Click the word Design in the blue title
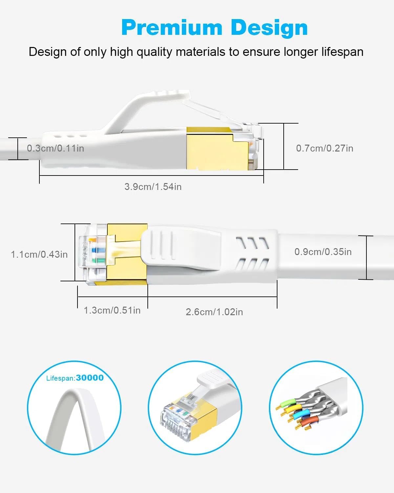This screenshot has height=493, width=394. pyautogui.click(x=269, y=28)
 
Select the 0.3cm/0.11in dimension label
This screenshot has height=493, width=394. pyautogui.click(x=55, y=148)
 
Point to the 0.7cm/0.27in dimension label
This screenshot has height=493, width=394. pyautogui.click(x=324, y=148)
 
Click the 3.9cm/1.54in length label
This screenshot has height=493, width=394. pyautogui.click(x=153, y=187)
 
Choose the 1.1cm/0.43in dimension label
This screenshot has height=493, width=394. pyautogui.click(x=39, y=254)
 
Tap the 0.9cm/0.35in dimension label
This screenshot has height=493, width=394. pyautogui.click(x=323, y=252)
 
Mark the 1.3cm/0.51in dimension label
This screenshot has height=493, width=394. pyautogui.click(x=112, y=310)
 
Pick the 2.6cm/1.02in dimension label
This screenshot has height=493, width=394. pyautogui.click(x=214, y=312)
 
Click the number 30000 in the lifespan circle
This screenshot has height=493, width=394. pyautogui.click(x=90, y=378)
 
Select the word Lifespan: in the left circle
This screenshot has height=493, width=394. pyautogui.click(x=61, y=378)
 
